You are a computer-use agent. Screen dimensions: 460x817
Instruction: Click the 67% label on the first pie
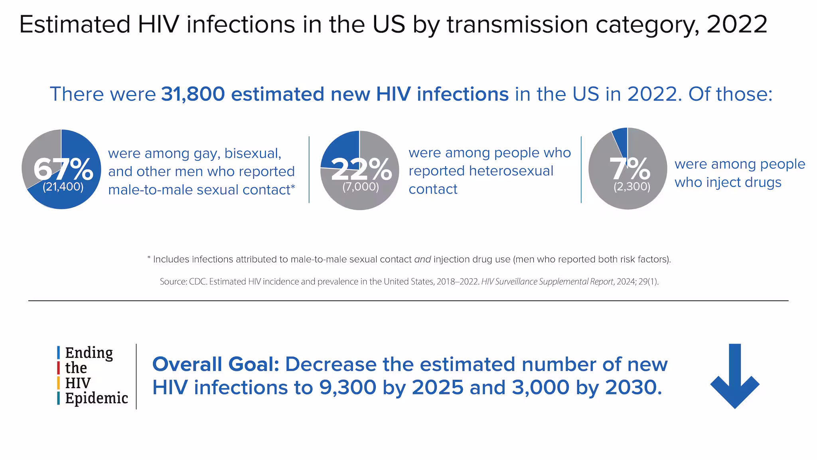click(63, 169)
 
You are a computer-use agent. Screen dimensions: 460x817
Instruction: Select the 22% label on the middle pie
click(361, 169)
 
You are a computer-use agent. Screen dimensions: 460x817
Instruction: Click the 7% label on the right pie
click(630, 169)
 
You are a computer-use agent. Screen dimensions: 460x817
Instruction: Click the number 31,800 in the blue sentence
click(193, 94)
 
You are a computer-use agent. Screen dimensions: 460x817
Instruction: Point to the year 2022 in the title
click(737, 25)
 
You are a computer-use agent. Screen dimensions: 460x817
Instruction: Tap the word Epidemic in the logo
click(97, 399)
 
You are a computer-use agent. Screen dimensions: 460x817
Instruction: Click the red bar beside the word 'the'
click(59, 368)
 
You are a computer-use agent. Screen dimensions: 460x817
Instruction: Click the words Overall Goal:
click(215, 364)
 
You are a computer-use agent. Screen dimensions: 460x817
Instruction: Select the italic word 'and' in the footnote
click(422, 260)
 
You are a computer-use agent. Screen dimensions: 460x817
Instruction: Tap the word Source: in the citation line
click(173, 282)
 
